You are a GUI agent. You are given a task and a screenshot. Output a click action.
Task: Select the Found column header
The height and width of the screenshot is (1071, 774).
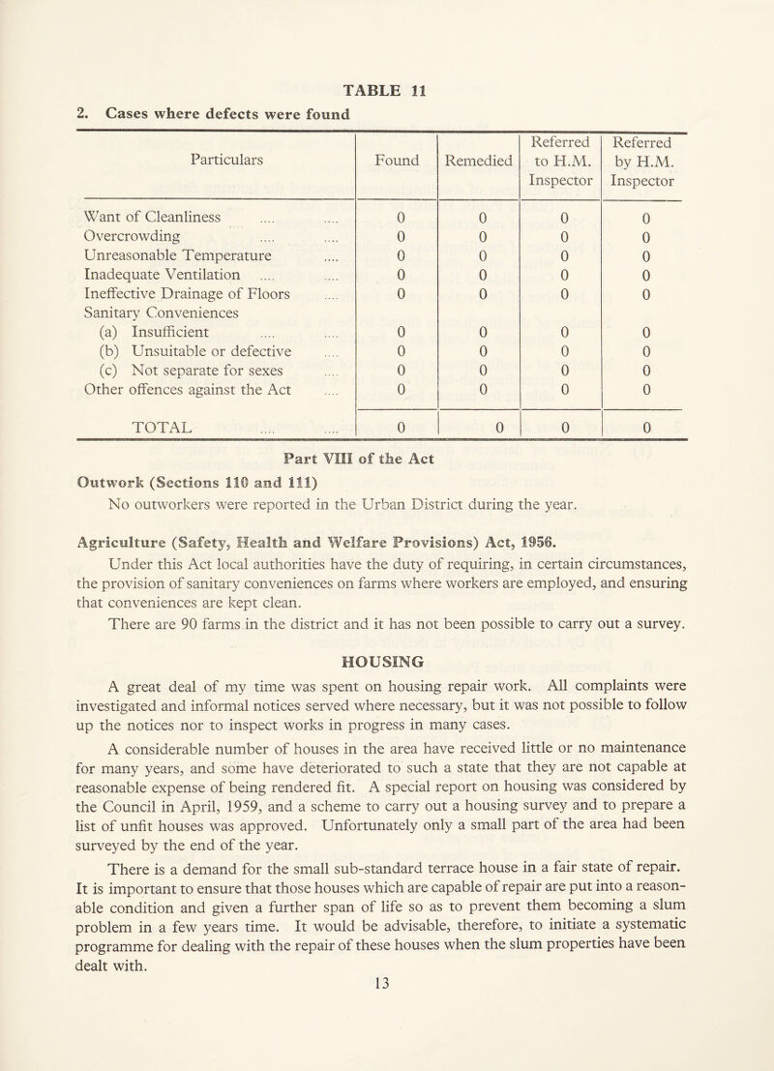tap(398, 151)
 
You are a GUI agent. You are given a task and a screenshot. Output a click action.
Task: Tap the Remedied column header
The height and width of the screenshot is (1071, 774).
tap(479, 151)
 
